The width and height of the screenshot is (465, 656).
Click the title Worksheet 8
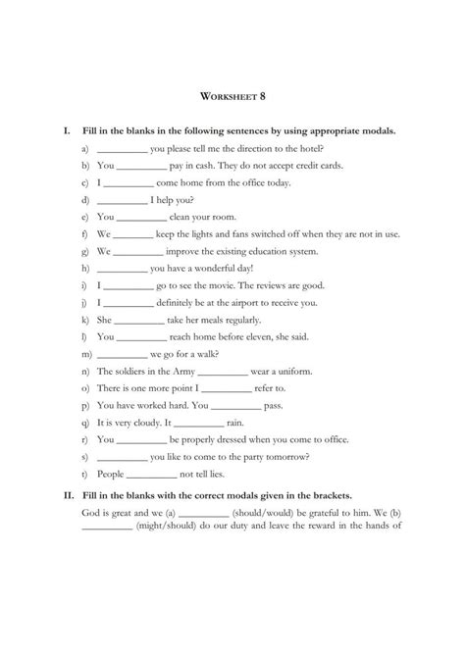[x=232, y=97]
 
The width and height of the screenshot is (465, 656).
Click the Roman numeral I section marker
[x=64, y=130]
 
